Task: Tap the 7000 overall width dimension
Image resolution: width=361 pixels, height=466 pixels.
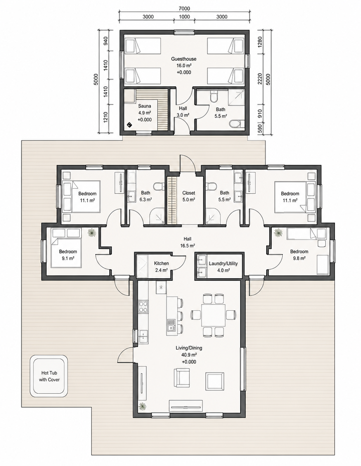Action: [184, 9]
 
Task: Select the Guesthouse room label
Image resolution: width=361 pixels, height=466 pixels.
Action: [184, 59]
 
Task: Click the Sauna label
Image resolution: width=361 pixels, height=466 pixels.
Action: [144, 106]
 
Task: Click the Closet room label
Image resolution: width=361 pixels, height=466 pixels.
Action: [189, 193]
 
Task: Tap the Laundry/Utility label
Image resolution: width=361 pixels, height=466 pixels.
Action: [223, 263]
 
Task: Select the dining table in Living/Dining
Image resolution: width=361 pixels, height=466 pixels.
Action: [213, 315]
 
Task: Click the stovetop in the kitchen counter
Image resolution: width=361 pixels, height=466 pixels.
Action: [143, 307]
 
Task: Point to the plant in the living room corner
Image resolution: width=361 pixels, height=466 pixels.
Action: [143, 406]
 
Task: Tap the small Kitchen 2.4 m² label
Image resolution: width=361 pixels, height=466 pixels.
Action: [161, 267]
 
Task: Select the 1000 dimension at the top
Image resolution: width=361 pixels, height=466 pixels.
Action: [184, 17]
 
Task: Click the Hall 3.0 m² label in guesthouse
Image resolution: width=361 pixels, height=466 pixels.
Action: [183, 112]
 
